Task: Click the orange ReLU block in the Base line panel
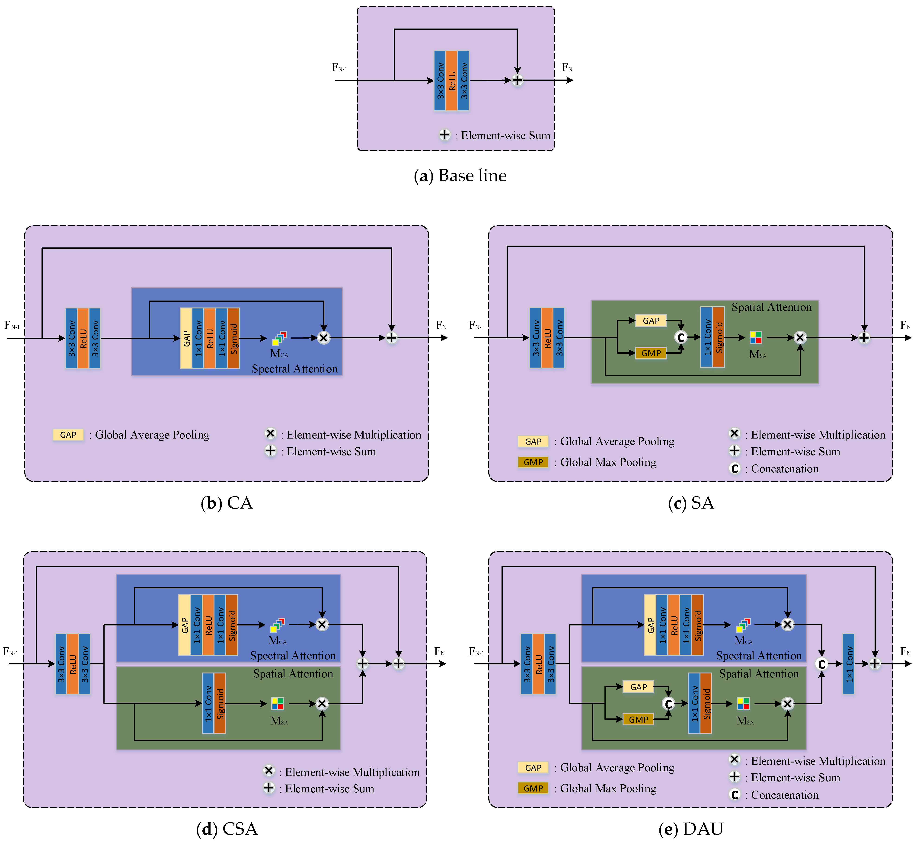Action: click(x=452, y=81)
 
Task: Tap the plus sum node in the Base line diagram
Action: click(x=517, y=80)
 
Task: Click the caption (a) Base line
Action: click(x=460, y=176)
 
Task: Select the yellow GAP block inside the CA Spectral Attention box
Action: click(x=186, y=338)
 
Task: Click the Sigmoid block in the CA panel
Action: click(x=233, y=338)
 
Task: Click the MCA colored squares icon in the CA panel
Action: click(x=279, y=339)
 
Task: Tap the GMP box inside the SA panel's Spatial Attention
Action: click(x=651, y=353)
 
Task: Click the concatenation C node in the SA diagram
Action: click(x=681, y=337)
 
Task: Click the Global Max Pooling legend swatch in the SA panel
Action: click(x=533, y=462)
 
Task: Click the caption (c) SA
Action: click(x=690, y=503)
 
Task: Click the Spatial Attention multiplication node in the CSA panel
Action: click(x=322, y=703)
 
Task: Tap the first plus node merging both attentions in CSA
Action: click(x=362, y=663)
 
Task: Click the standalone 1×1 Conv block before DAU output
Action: click(x=849, y=663)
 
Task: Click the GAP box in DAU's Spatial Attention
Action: click(x=638, y=687)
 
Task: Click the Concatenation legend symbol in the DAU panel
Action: click(x=735, y=794)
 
